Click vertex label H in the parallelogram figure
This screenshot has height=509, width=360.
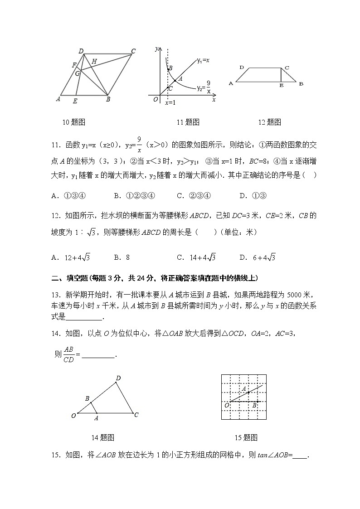point(94,61)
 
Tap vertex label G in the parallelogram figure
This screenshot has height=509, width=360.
point(78,73)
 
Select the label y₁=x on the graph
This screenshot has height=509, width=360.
point(203,60)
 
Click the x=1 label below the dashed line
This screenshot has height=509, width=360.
point(170,103)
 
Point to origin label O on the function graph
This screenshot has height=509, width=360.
point(156,99)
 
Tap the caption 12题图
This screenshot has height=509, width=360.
point(269,122)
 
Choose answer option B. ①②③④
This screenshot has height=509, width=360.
point(135,196)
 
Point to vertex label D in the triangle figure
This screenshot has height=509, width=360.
point(118,378)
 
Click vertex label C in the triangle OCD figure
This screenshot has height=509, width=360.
point(136,414)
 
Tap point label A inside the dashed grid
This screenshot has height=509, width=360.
point(244,389)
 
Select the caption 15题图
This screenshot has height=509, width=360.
point(246,437)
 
